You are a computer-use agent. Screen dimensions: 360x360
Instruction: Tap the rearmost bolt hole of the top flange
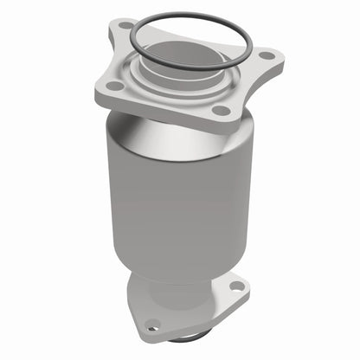(126, 25)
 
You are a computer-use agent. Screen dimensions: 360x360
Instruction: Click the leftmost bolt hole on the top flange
(112, 86)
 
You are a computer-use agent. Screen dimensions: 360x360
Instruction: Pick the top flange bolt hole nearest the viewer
(222, 110)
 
